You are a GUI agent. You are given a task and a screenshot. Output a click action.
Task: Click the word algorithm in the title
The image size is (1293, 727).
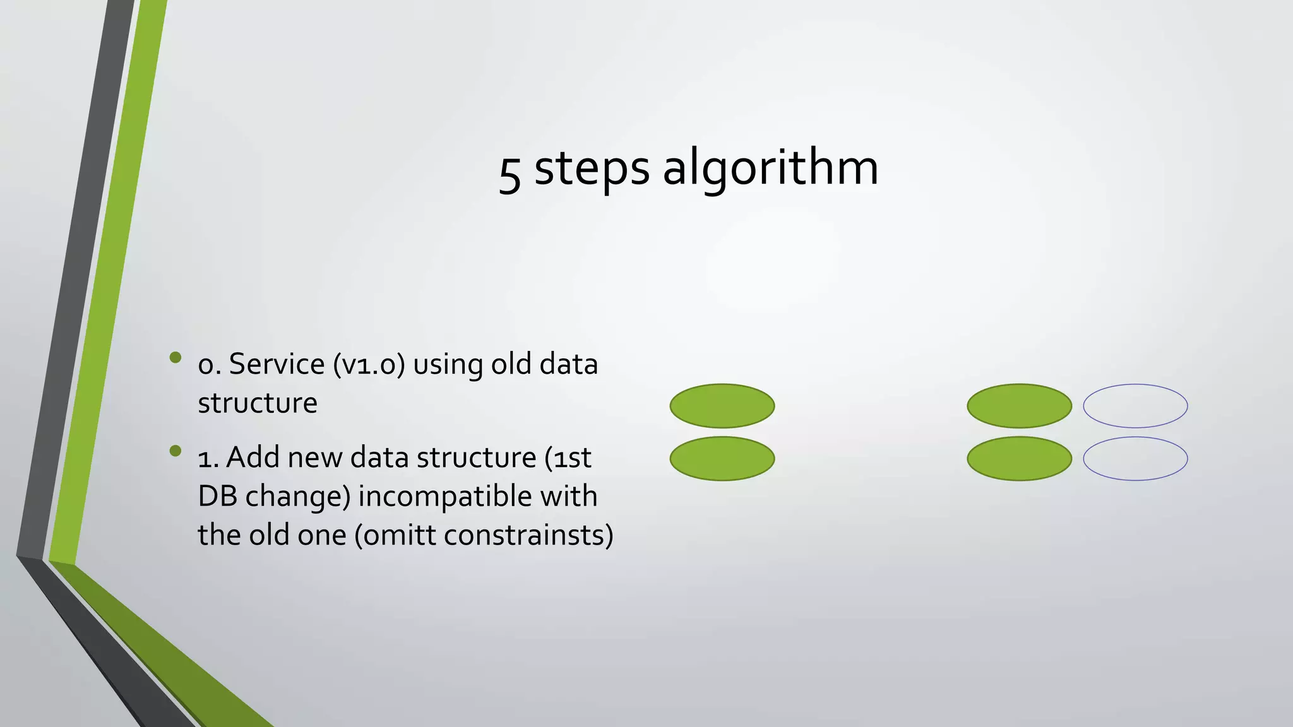pyautogui.click(x=770, y=169)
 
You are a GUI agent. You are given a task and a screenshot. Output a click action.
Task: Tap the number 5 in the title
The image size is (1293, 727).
pyautogui.click(x=509, y=174)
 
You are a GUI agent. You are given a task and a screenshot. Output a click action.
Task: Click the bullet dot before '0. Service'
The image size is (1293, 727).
pyautogui.click(x=176, y=358)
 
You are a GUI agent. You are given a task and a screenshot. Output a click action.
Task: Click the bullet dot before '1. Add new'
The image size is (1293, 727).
pyautogui.click(x=176, y=451)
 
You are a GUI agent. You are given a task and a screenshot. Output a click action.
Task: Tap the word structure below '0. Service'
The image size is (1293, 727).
pyautogui.click(x=258, y=403)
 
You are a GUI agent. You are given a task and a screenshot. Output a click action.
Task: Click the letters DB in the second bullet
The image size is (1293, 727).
pyautogui.click(x=217, y=496)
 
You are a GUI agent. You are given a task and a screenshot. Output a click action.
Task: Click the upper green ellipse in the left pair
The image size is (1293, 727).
pyautogui.click(x=722, y=406)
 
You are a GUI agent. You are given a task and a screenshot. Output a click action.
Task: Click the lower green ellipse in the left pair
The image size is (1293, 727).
pyautogui.click(x=722, y=459)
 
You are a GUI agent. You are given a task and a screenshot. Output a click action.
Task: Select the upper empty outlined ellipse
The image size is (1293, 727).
pyautogui.click(x=1135, y=406)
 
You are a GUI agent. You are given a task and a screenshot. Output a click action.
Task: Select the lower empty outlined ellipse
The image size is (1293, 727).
pyautogui.click(x=1135, y=459)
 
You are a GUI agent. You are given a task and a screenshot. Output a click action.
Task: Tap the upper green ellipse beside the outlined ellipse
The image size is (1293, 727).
pyautogui.click(x=1019, y=406)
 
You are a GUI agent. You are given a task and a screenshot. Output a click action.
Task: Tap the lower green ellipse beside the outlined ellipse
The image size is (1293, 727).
pyautogui.click(x=1019, y=459)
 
